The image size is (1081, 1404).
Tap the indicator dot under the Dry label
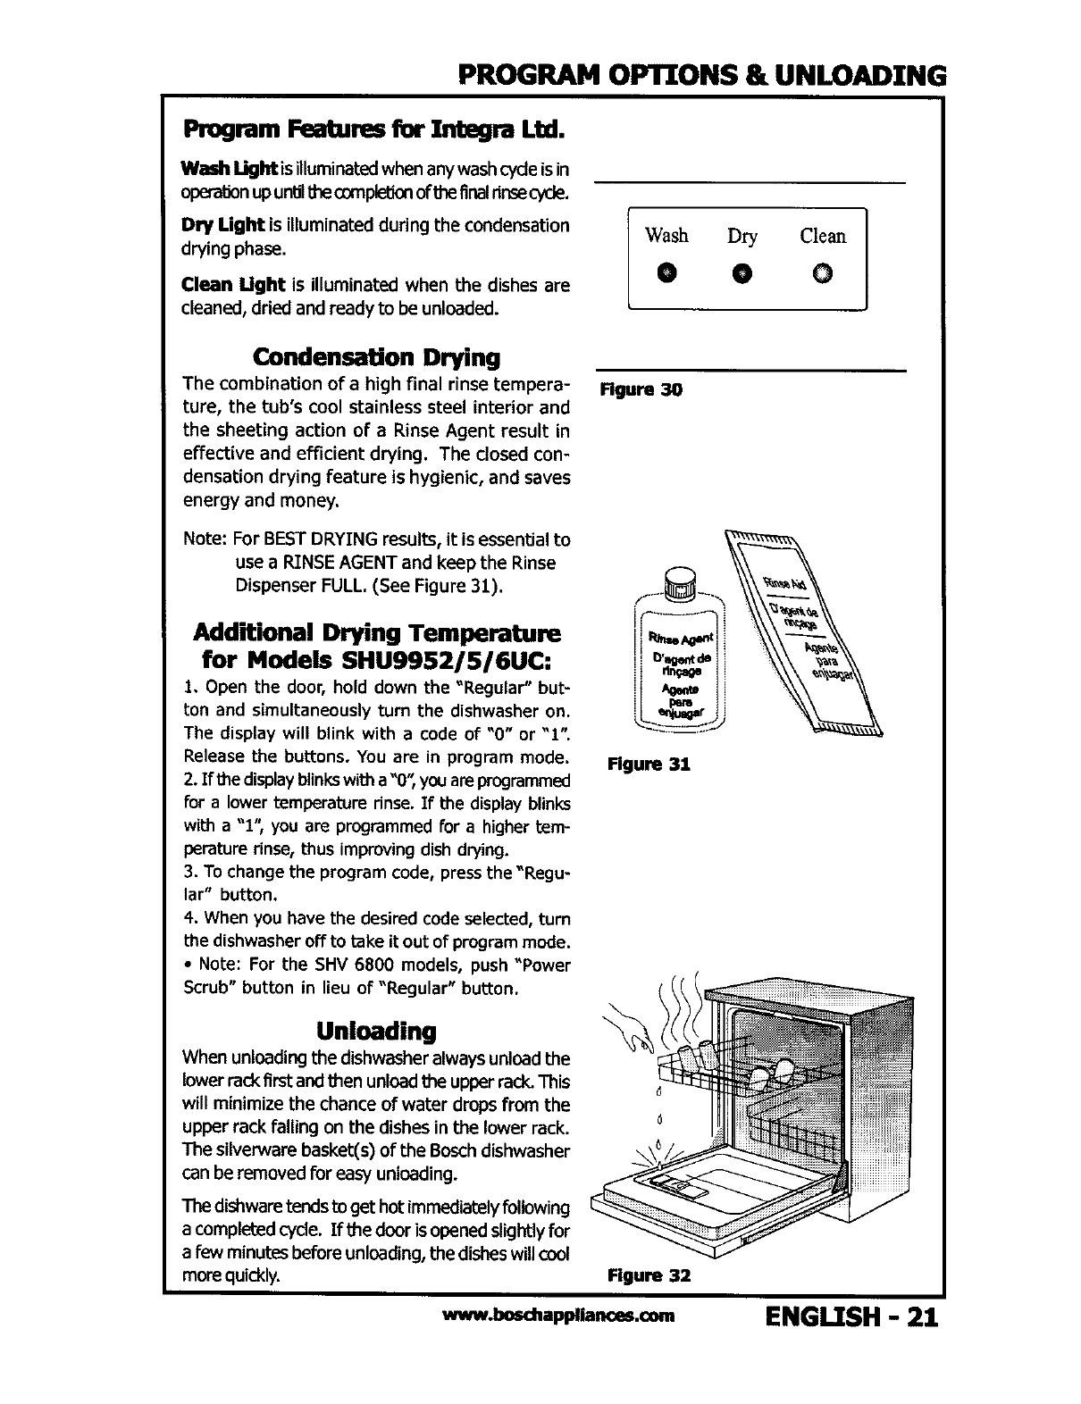742,272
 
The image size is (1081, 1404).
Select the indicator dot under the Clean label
822,272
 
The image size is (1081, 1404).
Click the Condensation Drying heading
376,358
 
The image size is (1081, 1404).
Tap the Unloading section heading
376,1032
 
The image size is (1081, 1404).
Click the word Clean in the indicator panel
822,236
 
